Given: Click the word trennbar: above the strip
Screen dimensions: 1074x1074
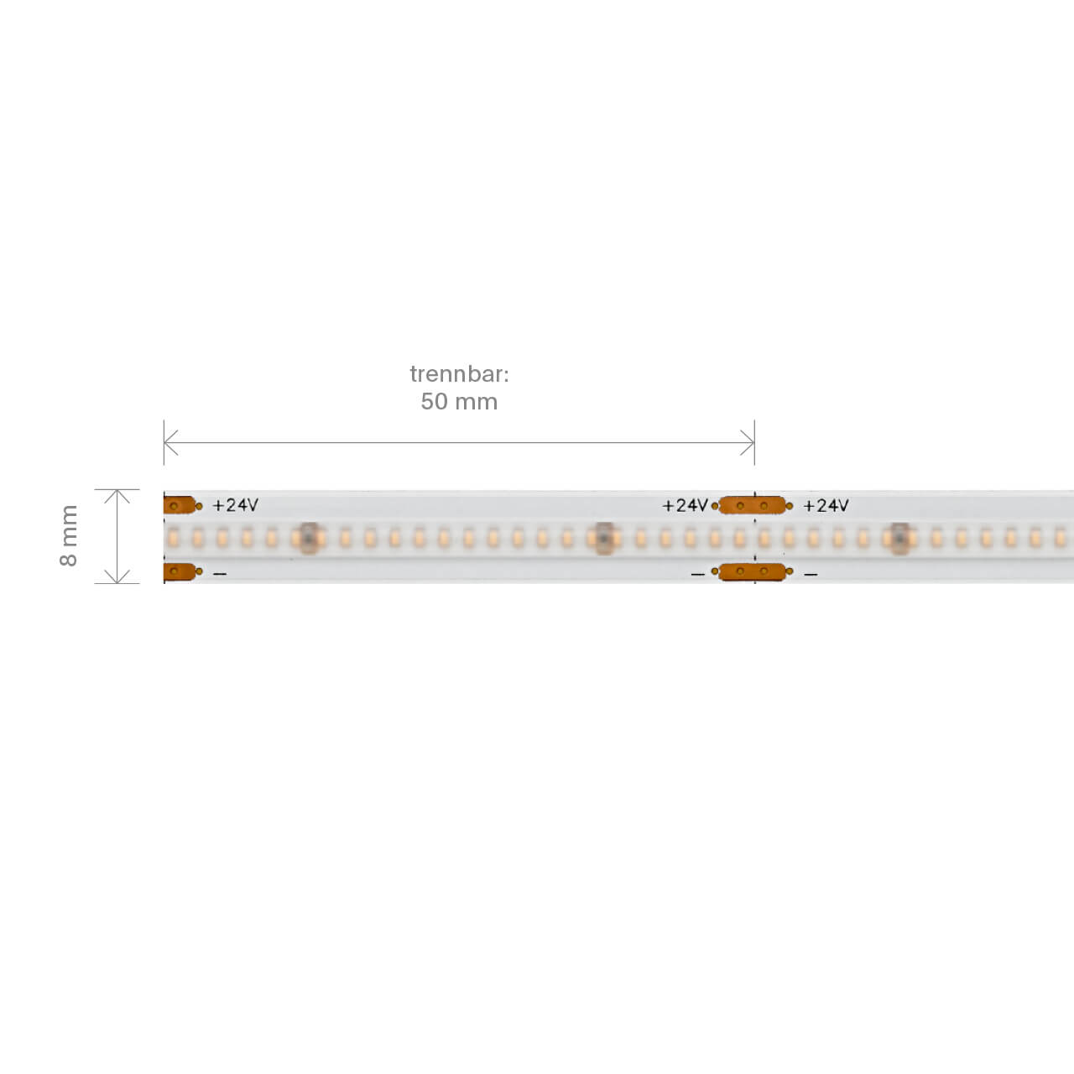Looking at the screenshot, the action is coord(459,374).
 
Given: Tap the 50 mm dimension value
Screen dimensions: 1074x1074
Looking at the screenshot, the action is coord(459,401).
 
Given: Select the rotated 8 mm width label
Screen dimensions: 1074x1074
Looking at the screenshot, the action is coord(69,535).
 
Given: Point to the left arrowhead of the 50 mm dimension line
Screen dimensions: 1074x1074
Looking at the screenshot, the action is coord(171,442).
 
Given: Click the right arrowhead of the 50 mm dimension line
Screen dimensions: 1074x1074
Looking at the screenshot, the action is coord(748,442).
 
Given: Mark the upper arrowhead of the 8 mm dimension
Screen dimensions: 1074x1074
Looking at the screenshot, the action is coord(117,496).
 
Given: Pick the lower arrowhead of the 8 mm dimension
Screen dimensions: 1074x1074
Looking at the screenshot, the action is coord(117,576).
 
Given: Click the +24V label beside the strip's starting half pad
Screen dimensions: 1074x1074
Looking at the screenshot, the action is coord(235,505).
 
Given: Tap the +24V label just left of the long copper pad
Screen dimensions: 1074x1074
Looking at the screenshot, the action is coord(685,505).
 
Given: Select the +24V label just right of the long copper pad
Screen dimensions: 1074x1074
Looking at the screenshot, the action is coord(826,505).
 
